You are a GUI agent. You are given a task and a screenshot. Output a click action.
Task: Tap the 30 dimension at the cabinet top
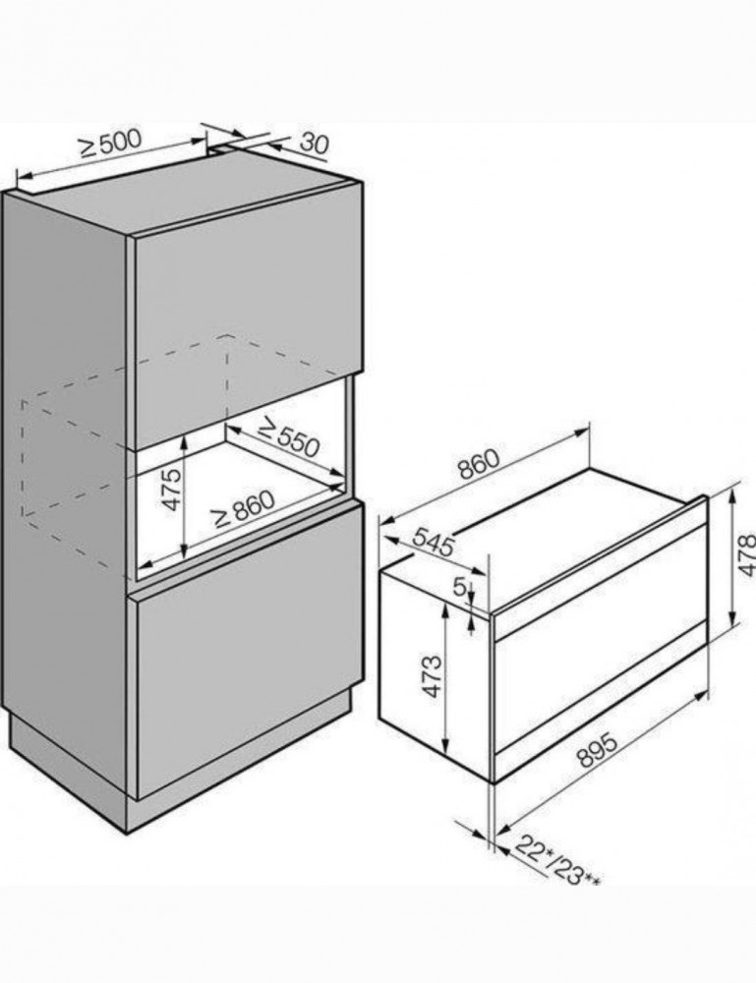coord(314,144)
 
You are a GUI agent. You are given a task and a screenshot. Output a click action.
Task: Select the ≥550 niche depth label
coord(289,436)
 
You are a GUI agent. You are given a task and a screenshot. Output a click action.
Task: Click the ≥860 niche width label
coord(244,508)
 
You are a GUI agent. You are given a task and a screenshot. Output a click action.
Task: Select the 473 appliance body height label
coord(433,677)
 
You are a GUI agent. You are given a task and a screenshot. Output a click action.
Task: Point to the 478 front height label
coord(746,554)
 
